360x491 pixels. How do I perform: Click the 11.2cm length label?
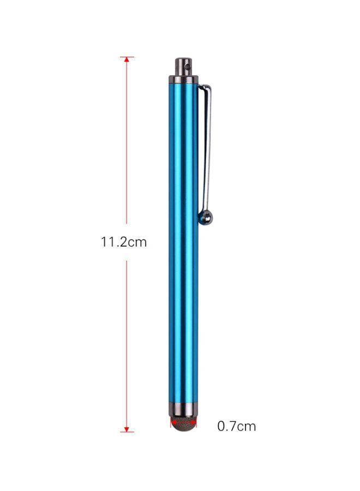[x=124, y=242]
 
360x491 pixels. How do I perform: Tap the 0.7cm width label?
[x=236, y=426]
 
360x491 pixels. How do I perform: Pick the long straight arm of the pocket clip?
[x=207, y=153]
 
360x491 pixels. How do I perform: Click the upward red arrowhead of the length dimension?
[x=127, y=61]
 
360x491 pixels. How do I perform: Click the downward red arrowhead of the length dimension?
[x=127, y=428]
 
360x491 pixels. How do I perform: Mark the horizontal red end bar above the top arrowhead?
[x=127, y=57]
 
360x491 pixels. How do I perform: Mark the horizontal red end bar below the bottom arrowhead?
[x=127, y=432]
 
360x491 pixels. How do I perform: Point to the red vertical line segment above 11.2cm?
[x=127, y=142]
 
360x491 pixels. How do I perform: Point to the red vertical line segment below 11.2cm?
[x=127, y=344]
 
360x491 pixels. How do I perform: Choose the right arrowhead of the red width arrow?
[x=194, y=421]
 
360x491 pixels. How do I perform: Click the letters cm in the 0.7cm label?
[x=247, y=426]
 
